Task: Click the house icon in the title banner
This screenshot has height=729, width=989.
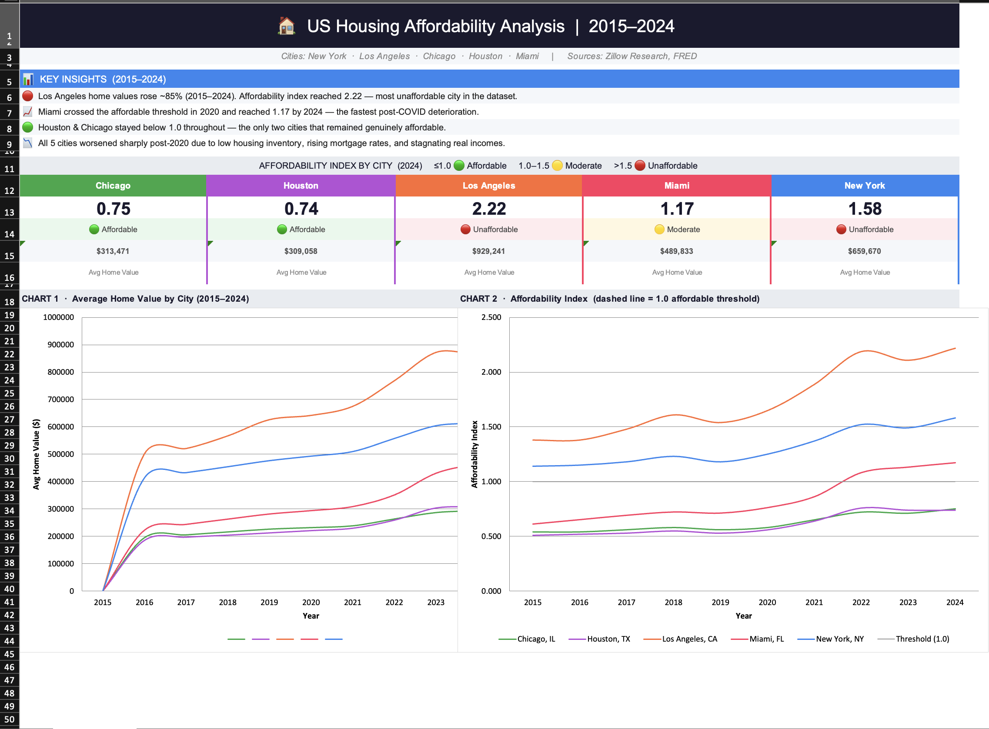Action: coord(287,26)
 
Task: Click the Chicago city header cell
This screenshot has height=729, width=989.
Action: coord(113,186)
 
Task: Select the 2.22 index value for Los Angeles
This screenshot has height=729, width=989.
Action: coord(489,209)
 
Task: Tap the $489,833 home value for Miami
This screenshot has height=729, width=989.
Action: coord(676,251)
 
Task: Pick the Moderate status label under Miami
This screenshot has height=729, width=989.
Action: coord(682,230)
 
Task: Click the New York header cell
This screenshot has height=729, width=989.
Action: coord(864,186)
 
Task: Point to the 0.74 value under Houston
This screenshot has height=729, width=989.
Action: coord(301,209)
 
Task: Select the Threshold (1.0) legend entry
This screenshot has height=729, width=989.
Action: coord(922,639)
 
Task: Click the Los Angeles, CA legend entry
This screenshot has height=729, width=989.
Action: coord(689,639)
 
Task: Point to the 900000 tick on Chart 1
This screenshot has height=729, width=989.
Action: coord(60,345)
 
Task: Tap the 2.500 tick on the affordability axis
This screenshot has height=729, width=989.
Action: coord(491,317)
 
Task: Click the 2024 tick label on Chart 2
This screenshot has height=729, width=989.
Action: coord(955,603)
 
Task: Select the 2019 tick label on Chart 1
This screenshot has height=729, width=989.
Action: coord(269,603)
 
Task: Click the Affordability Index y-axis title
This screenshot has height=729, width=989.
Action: coord(474,454)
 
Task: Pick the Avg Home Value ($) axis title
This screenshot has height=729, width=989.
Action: coord(36,454)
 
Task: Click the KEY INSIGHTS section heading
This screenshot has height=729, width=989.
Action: coord(103,79)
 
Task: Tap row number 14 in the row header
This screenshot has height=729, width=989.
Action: coord(9,234)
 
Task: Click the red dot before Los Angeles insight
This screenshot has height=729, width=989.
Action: coord(28,96)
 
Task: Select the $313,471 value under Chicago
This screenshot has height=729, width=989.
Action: coord(113,251)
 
